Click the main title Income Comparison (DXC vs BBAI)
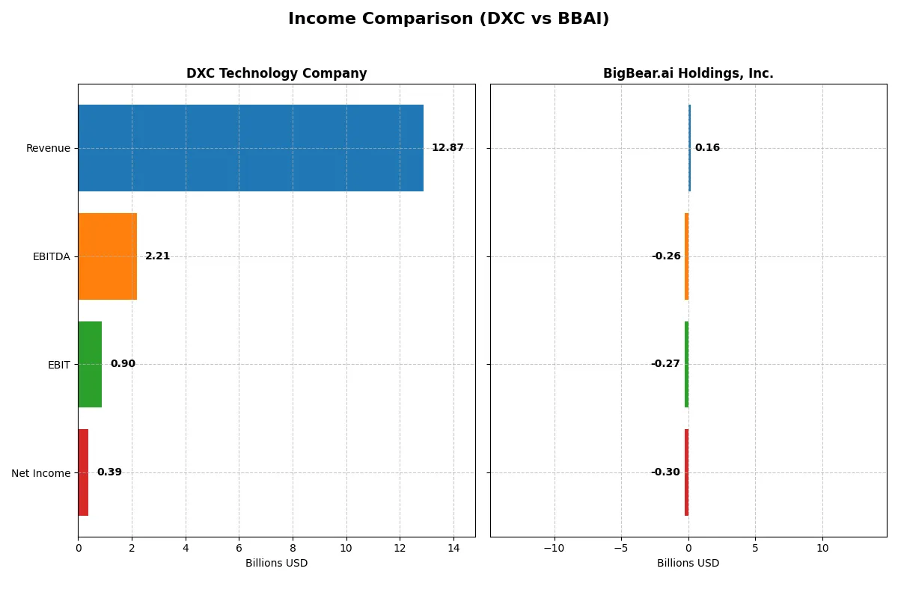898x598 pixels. [448, 19]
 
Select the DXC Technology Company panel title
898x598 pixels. [276, 73]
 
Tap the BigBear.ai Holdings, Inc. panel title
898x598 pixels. [688, 73]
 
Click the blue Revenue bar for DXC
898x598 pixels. [251, 148]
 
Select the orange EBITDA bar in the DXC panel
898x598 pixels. [107, 256]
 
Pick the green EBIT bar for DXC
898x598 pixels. [90, 365]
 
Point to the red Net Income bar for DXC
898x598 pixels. [83, 472]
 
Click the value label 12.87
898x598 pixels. [448, 148]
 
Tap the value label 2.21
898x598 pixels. [157, 256]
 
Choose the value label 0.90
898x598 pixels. [123, 364]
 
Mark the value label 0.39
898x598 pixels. [109, 472]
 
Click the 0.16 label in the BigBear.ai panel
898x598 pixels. [707, 148]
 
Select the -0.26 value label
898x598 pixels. [666, 256]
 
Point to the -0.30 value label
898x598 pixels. [665, 472]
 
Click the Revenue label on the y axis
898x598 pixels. [48, 149]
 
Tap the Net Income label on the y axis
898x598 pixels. [41, 473]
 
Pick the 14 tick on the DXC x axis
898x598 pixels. [453, 548]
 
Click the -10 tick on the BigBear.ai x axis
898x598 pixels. [554, 548]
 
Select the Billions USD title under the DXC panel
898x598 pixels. [276, 564]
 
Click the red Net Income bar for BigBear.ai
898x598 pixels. [686, 472]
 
